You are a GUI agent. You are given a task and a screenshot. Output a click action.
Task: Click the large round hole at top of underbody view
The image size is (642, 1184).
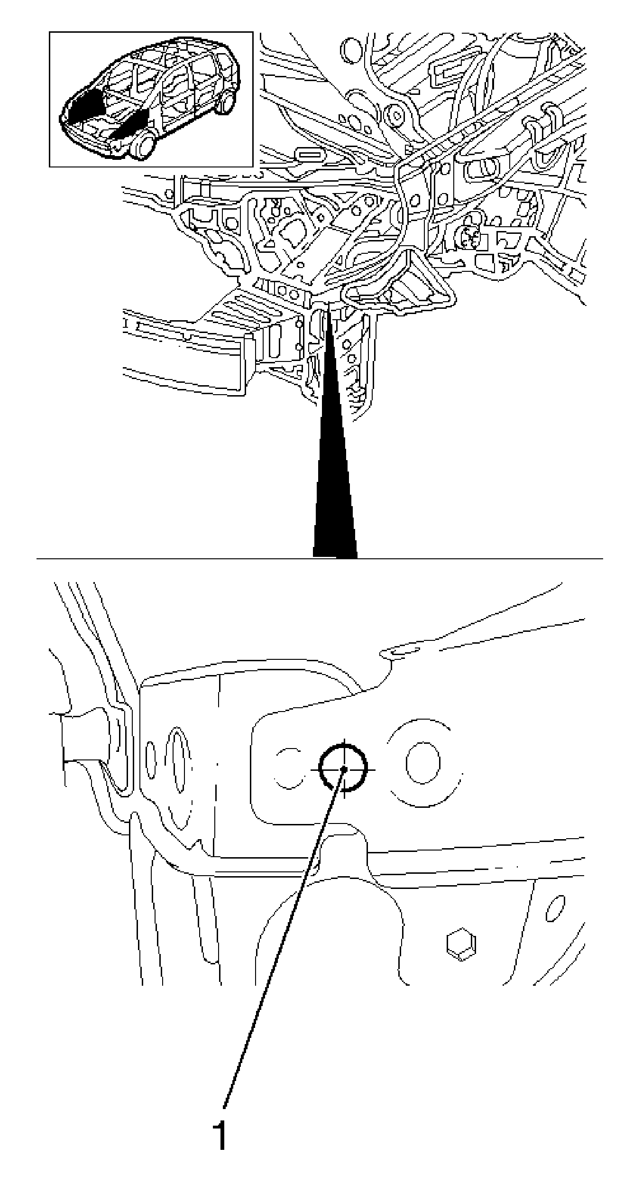(x=351, y=50)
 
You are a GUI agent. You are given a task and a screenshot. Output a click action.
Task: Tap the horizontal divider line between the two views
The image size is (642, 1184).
(x=320, y=559)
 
